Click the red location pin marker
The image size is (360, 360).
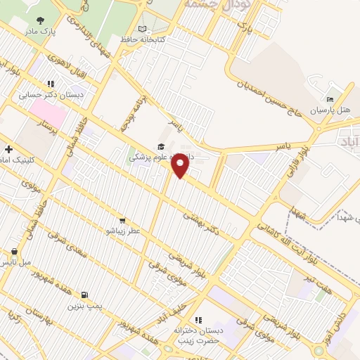tap(181, 165)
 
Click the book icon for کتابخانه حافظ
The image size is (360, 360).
tap(143, 29)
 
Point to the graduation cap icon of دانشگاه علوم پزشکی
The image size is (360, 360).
tap(160, 146)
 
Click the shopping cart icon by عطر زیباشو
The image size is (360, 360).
tap(122, 220)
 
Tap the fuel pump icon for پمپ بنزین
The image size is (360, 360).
tap(85, 295)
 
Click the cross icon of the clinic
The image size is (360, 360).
tap(8, 149)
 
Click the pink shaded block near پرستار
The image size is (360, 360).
tap(46, 111)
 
